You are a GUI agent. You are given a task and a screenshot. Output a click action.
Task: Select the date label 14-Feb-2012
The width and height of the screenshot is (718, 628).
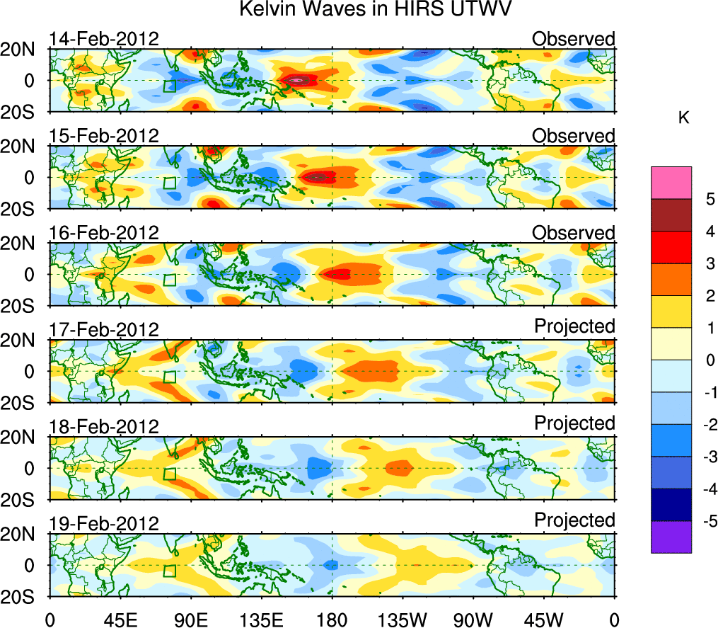(104, 39)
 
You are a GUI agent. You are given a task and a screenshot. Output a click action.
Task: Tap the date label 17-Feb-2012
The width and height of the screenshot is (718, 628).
(104, 329)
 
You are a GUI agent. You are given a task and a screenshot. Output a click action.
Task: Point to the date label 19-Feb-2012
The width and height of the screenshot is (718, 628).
(104, 523)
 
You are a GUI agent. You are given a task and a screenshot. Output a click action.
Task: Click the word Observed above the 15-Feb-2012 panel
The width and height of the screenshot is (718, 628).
(574, 135)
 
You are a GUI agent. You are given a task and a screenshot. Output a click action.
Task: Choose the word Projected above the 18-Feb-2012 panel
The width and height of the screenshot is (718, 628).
(574, 423)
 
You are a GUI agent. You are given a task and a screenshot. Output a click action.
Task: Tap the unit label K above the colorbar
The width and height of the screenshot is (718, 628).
(684, 118)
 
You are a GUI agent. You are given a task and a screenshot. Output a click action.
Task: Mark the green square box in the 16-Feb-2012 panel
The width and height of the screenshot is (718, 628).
(169, 280)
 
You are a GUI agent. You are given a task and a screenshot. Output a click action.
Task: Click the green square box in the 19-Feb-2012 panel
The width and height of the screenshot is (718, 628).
(169, 571)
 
